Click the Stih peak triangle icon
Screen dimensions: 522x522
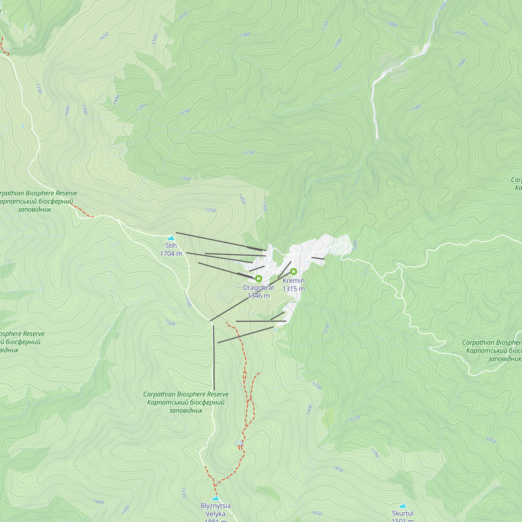pyautogui.click(x=171, y=238)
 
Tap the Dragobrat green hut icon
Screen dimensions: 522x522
pyautogui.click(x=259, y=278)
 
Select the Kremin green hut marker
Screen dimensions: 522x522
pyautogui.click(x=293, y=271)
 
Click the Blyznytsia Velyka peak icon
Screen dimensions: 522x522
pyautogui.click(x=215, y=498)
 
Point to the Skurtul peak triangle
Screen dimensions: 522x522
pyautogui.click(x=402, y=506)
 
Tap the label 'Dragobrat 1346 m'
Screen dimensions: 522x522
pyautogui.click(x=259, y=292)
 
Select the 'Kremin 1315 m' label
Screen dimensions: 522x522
pyautogui.click(x=294, y=284)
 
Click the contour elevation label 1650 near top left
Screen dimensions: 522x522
pyautogui.click(x=104, y=36)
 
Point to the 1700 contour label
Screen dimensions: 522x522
pyautogui.click(x=39, y=89)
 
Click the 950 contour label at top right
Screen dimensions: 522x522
pyautogui.click(x=443, y=6)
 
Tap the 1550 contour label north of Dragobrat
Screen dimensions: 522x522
pyautogui.click(x=210, y=210)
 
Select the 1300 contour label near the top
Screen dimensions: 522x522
pyautogui.click(x=245, y=35)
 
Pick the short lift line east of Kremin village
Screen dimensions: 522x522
pyautogui.click(x=318, y=259)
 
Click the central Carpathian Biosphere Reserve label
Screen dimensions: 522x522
pyautogui.click(x=186, y=402)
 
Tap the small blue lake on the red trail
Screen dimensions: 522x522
pyautogui.click(x=239, y=443)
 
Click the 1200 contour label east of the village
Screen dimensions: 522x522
pyautogui.click(x=355, y=245)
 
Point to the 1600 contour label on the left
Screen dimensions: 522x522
pyautogui.click(x=67, y=110)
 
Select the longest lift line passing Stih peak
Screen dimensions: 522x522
pyautogui.click(x=220, y=241)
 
